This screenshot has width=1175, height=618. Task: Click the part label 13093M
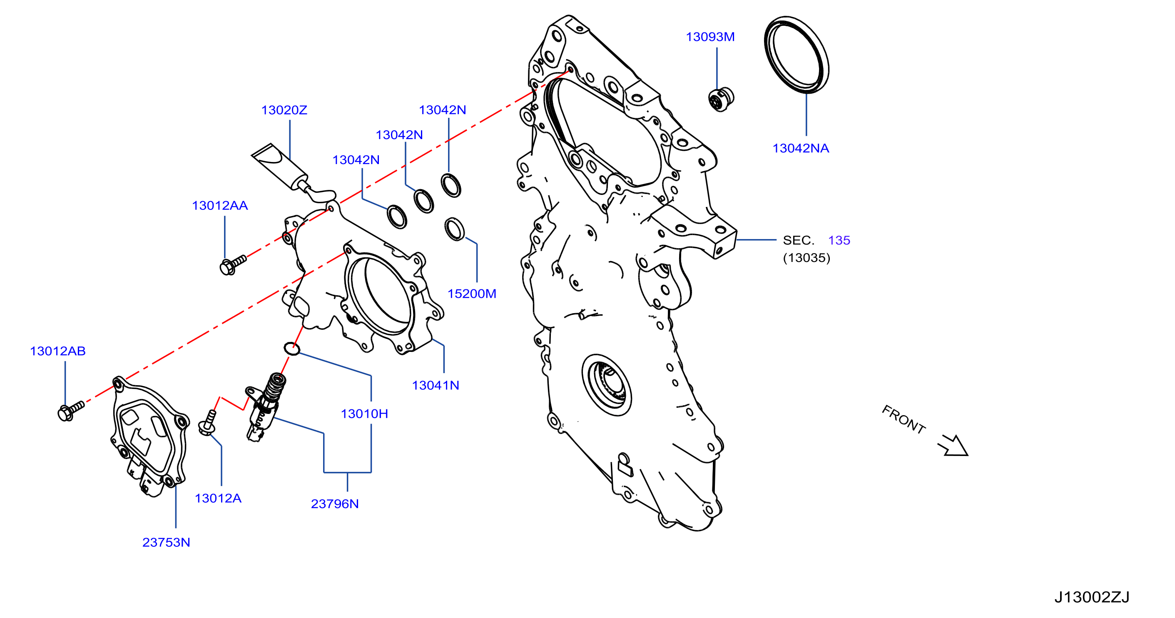coord(710,37)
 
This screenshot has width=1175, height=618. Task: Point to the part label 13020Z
coord(284,110)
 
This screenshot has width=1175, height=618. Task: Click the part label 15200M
coord(472,294)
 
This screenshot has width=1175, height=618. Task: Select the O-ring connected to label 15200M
coord(454,229)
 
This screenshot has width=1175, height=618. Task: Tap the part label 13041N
coord(436,385)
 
